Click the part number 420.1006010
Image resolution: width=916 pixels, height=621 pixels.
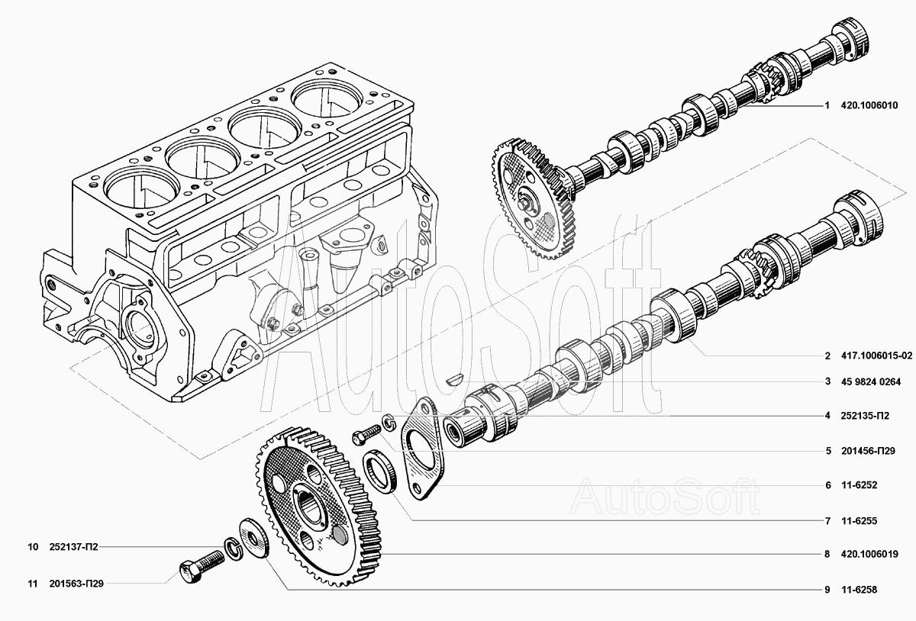coord(869,105)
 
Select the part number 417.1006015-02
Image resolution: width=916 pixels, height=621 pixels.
coord(876,356)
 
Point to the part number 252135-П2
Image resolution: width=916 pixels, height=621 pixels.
coord(865,416)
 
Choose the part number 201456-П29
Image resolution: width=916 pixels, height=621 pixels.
coord(868,451)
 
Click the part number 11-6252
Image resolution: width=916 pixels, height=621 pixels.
coord(860,485)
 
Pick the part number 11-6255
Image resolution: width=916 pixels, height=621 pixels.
coord(860,521)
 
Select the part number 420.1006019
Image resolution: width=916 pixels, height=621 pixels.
coord(869,555)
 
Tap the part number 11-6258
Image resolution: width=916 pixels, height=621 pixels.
coord(860,590)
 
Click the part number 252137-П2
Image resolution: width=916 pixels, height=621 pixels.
coord(73,547)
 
